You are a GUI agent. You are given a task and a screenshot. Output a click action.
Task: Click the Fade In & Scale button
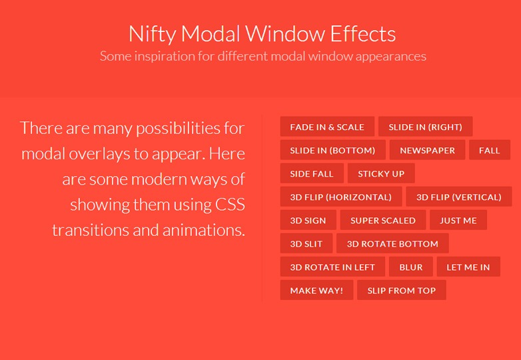tap(327, 127)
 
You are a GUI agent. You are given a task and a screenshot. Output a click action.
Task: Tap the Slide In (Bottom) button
tap(332, 151)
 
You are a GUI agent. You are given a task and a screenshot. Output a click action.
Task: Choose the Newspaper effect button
tap(427, 151)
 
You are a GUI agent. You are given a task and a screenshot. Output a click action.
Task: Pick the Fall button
tap(489, 151)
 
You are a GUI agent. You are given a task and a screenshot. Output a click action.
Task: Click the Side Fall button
tap(312, 174)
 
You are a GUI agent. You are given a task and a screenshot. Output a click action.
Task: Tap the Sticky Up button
tap(381, 174)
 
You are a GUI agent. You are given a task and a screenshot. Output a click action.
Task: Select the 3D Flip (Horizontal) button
tap(340, 197)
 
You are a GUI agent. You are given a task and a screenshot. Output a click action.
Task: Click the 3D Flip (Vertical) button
tap(458, 197)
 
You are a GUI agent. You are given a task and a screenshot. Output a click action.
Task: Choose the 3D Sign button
tap(308, 221)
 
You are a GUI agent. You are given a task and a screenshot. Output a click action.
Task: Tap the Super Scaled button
tap(383, 221)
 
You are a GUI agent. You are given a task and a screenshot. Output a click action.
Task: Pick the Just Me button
tap(458, 221)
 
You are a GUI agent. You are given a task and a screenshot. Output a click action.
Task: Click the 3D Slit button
tap(306, 244)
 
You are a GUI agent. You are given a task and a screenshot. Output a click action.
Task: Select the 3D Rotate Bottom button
tap(392, 244)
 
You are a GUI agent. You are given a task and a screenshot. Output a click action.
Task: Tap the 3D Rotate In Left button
tap(332, 267)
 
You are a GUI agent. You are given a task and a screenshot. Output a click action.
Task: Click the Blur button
tap(411, 267)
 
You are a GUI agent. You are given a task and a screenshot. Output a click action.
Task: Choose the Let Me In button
tap(468, 267)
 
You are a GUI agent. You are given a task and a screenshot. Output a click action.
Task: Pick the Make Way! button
tap(316, 291)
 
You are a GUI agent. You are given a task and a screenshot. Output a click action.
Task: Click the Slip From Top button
tap(402, 291)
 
